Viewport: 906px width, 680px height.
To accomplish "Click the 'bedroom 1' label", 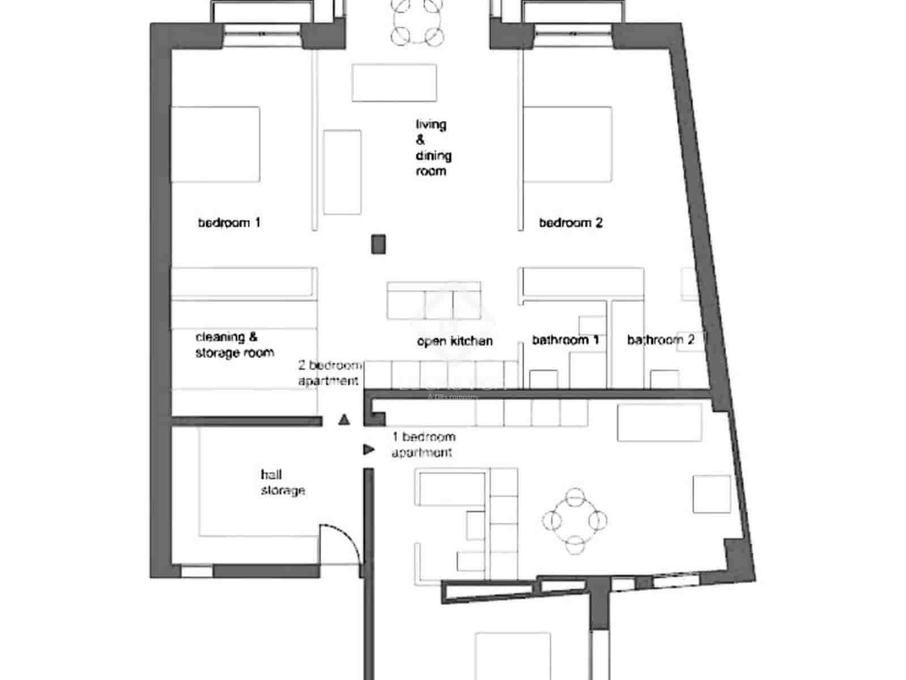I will [229, 223].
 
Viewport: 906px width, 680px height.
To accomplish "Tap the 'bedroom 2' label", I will [570, 223].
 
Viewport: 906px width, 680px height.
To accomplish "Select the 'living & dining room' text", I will [433, 147].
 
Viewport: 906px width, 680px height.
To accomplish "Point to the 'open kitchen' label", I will [455, 341].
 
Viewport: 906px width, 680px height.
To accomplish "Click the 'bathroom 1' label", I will [565, 340].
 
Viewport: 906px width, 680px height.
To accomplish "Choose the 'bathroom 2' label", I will [660, 340].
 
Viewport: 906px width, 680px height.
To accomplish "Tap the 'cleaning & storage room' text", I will [234, 345].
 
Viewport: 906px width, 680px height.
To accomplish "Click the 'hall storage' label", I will [283, 482].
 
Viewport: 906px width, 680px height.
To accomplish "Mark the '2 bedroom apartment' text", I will [329, 373].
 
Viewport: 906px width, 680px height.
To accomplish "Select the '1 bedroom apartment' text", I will [424, 444].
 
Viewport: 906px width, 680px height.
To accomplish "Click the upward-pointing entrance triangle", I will [344, 420].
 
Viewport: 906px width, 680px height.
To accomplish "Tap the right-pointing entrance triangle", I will [369, 449].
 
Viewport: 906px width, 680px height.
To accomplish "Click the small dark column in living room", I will [378, 244].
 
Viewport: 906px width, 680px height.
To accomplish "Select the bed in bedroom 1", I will [215, 144].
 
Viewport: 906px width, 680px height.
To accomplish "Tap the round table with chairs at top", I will [417, 22].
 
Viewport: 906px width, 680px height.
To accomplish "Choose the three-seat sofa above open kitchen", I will [434, 300].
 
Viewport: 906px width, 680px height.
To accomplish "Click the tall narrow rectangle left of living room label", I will [342, 172].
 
